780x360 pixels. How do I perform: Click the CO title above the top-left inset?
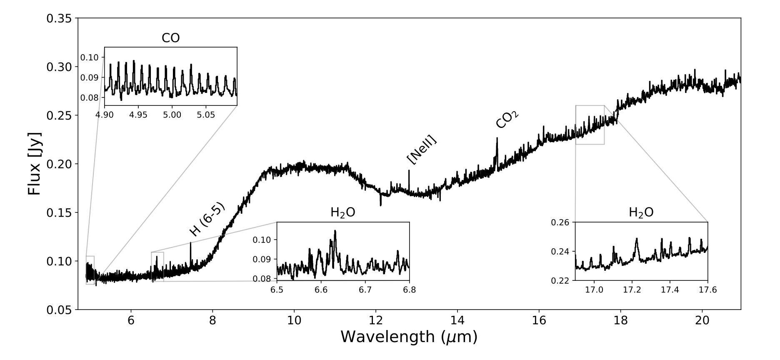[171, 38]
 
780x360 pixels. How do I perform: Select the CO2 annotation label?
[507, 119]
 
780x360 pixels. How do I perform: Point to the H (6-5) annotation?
[207, 219]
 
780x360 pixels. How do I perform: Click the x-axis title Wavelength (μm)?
[409, 337]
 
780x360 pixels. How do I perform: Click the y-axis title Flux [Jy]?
[35, 164]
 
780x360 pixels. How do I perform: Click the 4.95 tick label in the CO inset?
[138, 115]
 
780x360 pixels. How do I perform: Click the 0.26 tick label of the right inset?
[560, 222]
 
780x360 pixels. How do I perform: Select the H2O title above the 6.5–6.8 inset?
[343, 212]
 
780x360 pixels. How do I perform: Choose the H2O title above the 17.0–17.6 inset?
[641, 212]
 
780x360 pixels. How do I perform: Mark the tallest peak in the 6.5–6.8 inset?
[335, 231]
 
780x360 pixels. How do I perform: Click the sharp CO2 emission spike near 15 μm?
[497, 139]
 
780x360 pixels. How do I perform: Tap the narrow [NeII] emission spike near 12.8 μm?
[409, 171]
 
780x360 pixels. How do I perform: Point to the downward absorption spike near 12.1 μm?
[380, 204]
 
